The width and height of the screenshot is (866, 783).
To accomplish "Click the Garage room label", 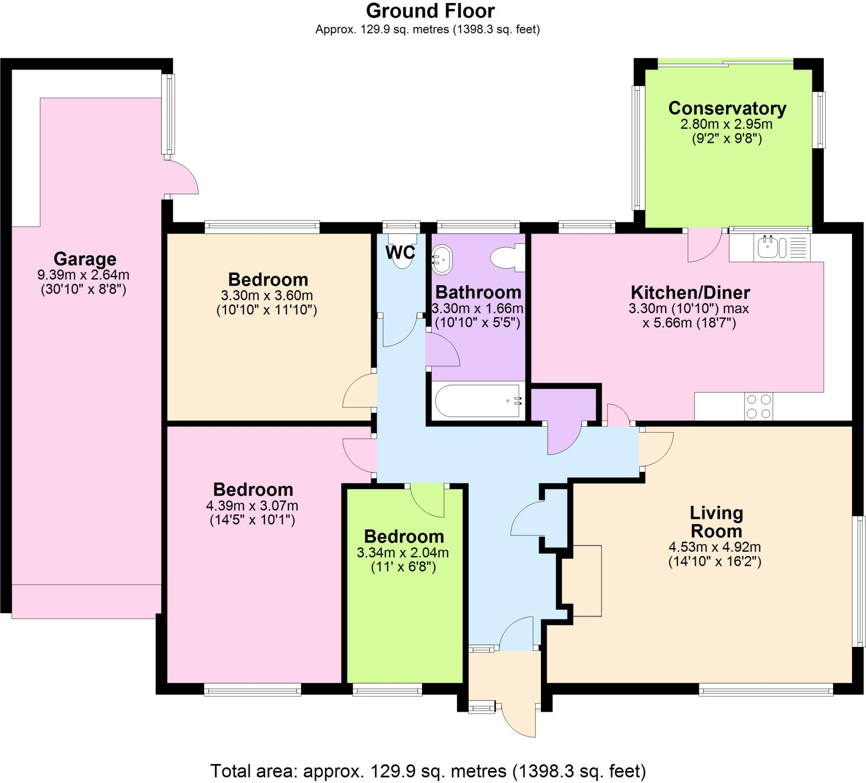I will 85,259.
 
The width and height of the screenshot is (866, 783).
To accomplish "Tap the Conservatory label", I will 727,108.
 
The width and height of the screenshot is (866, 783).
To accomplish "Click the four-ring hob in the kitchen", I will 759,407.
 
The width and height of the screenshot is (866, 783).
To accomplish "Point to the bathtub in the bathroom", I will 478,401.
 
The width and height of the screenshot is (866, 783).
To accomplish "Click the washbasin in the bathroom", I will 442,260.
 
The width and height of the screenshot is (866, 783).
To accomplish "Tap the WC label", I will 400,253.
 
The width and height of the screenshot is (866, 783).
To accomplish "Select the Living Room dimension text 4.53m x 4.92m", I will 714,547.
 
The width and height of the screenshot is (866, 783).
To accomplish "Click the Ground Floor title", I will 430,11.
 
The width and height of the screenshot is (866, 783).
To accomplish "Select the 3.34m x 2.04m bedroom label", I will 403,537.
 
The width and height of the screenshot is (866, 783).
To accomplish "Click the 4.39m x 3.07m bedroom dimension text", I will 252,506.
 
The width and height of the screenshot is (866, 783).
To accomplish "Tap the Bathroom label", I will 478,292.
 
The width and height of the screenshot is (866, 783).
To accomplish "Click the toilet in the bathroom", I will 508,258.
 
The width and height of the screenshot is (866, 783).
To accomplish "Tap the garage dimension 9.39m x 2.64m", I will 83,275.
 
